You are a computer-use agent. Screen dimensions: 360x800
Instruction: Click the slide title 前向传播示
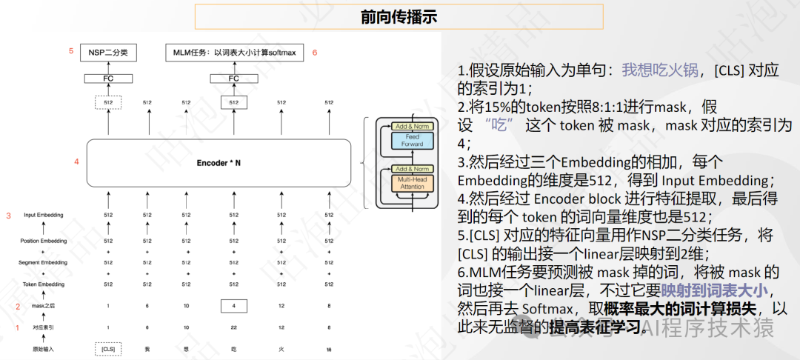click(399, 16)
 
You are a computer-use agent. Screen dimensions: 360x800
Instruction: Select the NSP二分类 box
click(108, 52)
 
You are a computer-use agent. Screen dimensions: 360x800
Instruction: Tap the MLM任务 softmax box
click(233, 52)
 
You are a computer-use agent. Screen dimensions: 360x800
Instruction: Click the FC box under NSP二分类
click(108, 78)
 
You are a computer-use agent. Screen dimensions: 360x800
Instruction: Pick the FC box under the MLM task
click(233, 78)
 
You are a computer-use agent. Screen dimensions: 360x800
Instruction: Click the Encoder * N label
click(218, 162)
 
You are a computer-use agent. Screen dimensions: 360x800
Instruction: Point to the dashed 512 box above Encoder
click(108, 102)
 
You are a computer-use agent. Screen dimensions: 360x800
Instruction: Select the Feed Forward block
click(412, 140)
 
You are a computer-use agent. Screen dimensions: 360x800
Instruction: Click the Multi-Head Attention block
click(412, 182)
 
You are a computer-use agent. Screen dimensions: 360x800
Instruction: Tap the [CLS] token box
click(108, 349)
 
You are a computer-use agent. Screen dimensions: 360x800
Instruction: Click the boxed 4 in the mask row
click(233, 306)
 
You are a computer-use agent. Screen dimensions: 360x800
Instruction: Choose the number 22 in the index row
click(233, 327)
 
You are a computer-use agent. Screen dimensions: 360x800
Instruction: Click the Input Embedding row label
click(43, 215)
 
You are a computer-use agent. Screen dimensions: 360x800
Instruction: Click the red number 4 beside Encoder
click(76, 161)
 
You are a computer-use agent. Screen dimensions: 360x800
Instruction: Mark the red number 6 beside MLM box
click(315, 52)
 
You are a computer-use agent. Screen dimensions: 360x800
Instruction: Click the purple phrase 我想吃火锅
click(660, 70)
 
